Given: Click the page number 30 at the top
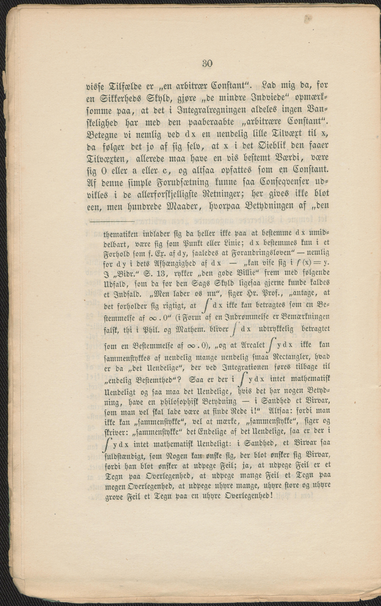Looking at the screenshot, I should click(x=207, y=63).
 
